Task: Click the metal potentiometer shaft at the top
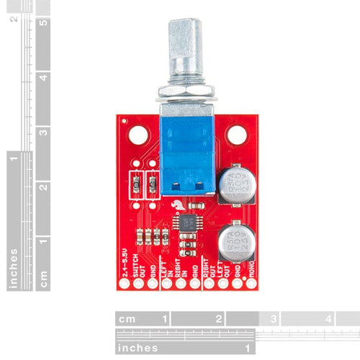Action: click(x=183, y=50)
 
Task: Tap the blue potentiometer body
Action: click(x=185, y=155)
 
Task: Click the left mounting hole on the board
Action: click(x=138, y=135)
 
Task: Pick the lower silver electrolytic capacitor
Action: click(x=237, y=241)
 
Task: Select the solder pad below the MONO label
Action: click(x=249, y=284)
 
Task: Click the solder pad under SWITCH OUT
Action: click(x=139, y=284)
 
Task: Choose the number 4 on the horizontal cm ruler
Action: click(x=328, y=318)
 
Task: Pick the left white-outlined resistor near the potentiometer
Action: click(x=134, y=184)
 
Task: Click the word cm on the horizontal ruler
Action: click(x=127, y=318)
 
